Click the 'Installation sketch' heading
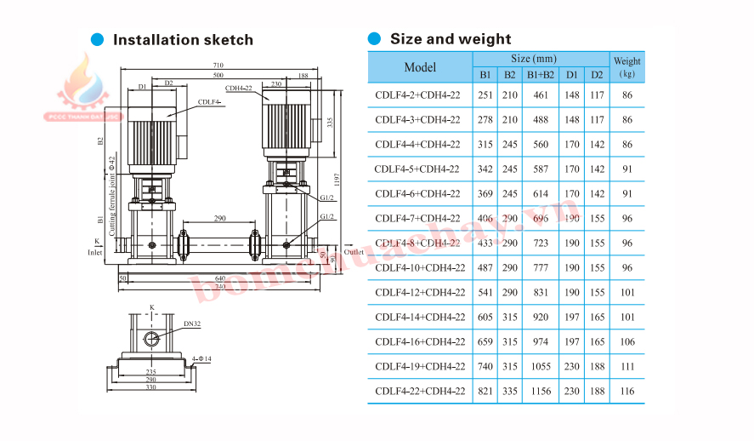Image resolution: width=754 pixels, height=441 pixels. [183, 40]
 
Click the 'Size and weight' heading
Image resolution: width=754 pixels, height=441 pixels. [450, 38]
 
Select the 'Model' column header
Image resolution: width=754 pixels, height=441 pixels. [420, 67]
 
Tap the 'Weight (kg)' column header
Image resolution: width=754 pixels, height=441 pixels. [627, 67]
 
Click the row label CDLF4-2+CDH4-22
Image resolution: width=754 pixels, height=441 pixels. [417, 95]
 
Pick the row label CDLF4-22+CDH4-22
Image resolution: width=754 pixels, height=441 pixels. [420, 391]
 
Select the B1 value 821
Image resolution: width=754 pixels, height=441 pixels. [485, 391]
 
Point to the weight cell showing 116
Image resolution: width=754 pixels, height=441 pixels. [627, 391]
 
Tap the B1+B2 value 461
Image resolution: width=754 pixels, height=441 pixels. [540, 95]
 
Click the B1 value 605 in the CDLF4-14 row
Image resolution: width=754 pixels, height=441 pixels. [485, 317]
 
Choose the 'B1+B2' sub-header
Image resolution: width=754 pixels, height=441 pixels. [541, 75]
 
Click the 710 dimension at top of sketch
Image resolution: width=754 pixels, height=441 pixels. [218, 66]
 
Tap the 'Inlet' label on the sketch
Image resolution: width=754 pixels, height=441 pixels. [96, 253]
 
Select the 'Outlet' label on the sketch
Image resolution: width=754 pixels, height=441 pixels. [354, 252]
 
